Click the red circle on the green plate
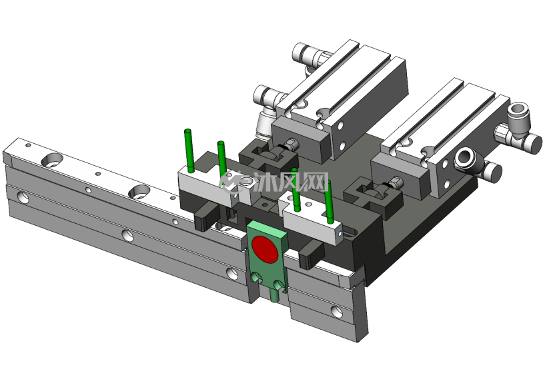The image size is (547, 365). pyautogui.click(x=265, y=248)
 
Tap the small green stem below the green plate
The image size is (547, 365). pyautogui.click(x=275, y=294)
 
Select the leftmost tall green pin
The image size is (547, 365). pyautogui.click(x=189, y=151)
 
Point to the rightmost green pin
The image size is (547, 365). pyautogui.click(x=329, y=202)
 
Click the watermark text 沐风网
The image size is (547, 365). pyautogui.click(x=291, y=181)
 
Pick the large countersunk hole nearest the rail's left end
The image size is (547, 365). pyautogui.click(x=52, y=161)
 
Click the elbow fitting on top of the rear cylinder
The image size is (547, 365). pyautogui.click(x=309, y=56)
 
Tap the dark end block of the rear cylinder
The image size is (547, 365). pyautogui.click(x=300, y=139)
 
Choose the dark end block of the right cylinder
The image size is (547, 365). pyautogui.click(x=400, y=179)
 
